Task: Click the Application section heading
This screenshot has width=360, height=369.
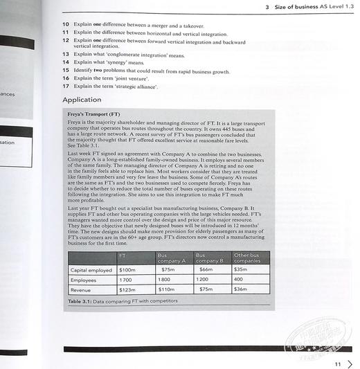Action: pyautogui.click(x=82, y=100)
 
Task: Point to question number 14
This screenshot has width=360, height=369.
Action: pyautogui.click(x=65, y=62)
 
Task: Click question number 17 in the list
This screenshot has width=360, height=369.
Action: pyautogui.click(x=65, y=87)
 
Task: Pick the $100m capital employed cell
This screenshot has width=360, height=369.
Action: pyautogui.click(x=128, y=269)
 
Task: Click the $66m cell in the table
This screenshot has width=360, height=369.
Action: pyautogui.click(x=206, y=269)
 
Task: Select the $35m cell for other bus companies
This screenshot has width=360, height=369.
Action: pyautogui.click(x=242, y=269)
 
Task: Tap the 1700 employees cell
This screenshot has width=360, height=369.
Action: pyautogui.click(x=127, y=280)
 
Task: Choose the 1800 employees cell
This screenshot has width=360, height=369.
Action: pyautogui.click(x=165, y=280)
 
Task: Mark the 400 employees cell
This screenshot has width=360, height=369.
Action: pyautogui.click(x=240, y=280)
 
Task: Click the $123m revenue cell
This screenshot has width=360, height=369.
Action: pyautogui.click(x=128, y=289)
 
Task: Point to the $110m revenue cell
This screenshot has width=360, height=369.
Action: pyautogui.click(x=167, y=289)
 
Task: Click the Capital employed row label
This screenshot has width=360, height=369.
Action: pyautogui.click(x=91, y=269)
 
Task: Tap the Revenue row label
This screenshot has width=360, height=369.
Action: pyautogui.click(x=82, y=289)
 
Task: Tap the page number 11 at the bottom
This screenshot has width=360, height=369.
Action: pyautogui.click(x=337, y=363)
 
